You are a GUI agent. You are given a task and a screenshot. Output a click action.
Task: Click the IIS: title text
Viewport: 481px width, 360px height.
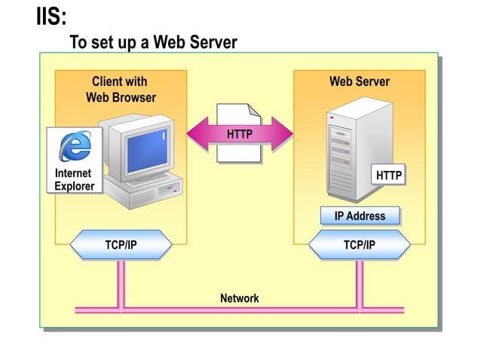tap(51, 16)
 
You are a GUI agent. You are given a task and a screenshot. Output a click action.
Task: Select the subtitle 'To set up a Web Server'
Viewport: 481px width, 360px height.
tap(153, 42)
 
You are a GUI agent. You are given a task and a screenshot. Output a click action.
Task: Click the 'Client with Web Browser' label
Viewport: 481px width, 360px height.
tap(121, 90)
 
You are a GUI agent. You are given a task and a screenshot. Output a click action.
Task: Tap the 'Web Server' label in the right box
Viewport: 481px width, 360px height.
tap(359, 81)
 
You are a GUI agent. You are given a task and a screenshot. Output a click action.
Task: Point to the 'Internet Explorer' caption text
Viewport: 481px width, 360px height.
tap(74, 180)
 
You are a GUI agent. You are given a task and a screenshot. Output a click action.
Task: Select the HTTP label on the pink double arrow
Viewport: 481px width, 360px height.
tap(239, 135)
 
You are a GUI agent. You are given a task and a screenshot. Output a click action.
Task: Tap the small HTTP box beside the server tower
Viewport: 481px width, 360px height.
tap(389, 175)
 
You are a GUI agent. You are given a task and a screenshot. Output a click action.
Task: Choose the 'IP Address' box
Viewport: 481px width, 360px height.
tap(360, 216)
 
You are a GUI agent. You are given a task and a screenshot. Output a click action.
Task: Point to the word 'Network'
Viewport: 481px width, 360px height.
tap(239, 298)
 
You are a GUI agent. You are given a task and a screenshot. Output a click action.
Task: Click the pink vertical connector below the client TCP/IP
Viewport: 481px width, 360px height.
tap(121, 283)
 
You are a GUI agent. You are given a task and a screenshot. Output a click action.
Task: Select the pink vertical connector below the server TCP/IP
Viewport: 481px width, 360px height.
tap(360, 283)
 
